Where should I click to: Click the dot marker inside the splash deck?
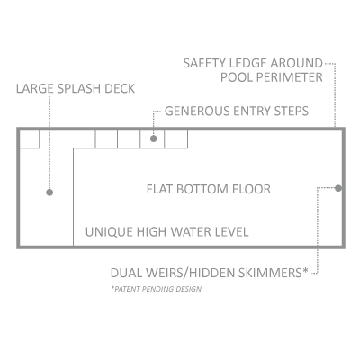coord(49,193)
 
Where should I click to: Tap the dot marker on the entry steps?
coord(154,139)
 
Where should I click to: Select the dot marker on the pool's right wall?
coord(338,188)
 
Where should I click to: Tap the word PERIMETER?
coord(290,77)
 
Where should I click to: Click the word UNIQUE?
coord(109,232)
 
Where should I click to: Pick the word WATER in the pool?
coord(192,232)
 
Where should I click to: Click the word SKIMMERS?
coord(273,273)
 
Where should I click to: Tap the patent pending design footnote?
coord(156,289)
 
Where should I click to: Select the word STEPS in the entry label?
coord(292,111)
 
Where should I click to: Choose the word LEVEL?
coord(232,232)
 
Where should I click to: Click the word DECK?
coord(120,89)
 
